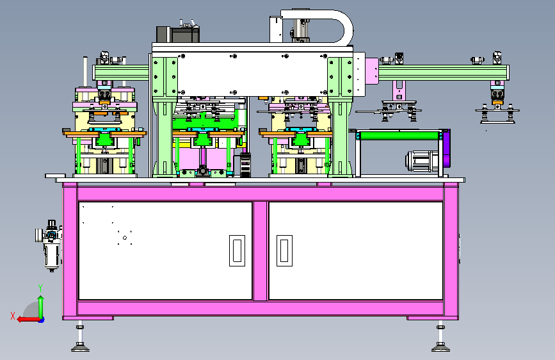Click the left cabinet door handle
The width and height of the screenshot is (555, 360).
click(x=237, y=250)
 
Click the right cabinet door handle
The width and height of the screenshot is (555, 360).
click(x=284, y=250)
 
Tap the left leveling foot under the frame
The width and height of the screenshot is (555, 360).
click(x=81, y=338)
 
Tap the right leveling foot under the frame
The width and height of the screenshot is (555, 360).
click(x=440, y=338)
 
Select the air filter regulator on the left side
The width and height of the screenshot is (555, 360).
click(x=49, y=245)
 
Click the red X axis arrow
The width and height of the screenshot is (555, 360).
click(x=29, y=319)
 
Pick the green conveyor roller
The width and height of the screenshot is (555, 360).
click(x=399, y=136)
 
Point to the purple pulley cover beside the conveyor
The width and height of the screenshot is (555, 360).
click(x=446, y=148)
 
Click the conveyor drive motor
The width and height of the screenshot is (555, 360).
click(x=422, y=161)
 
